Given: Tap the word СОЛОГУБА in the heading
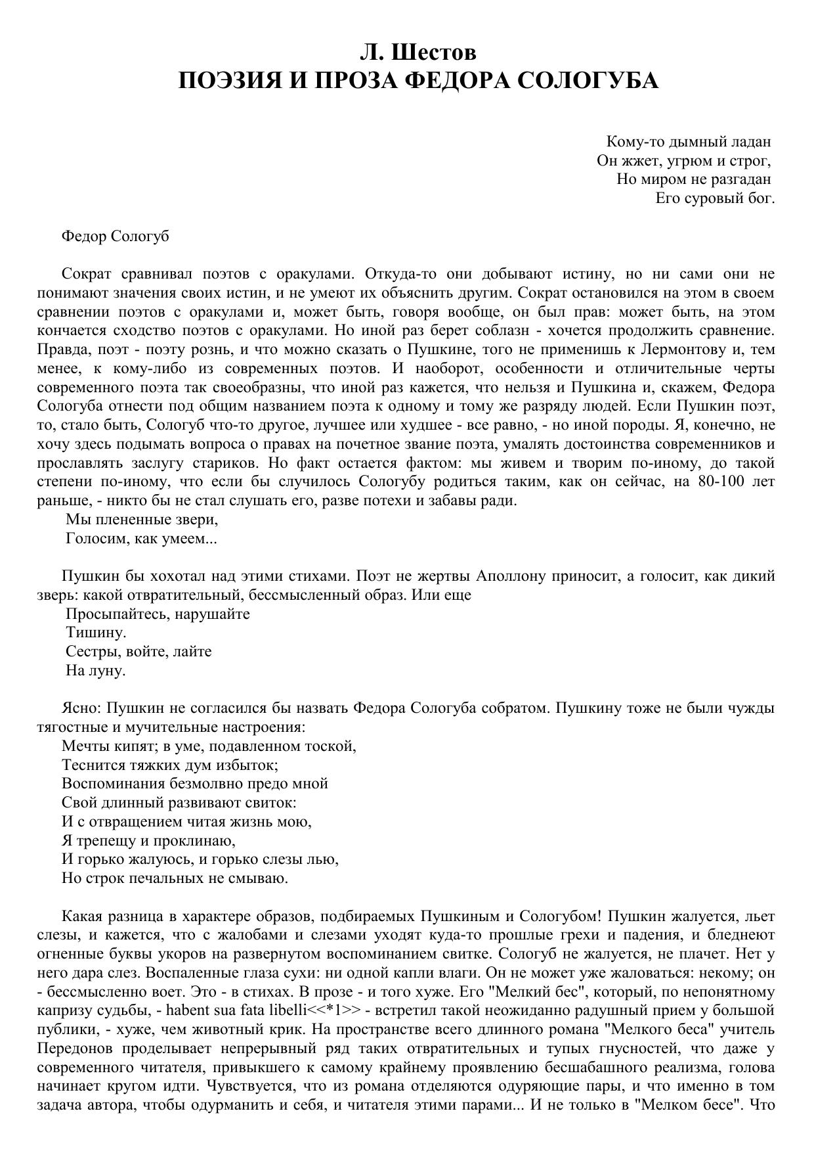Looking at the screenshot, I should [588, 81].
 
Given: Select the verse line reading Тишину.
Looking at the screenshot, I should [95, 633].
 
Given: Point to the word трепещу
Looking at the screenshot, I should [110, 840].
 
